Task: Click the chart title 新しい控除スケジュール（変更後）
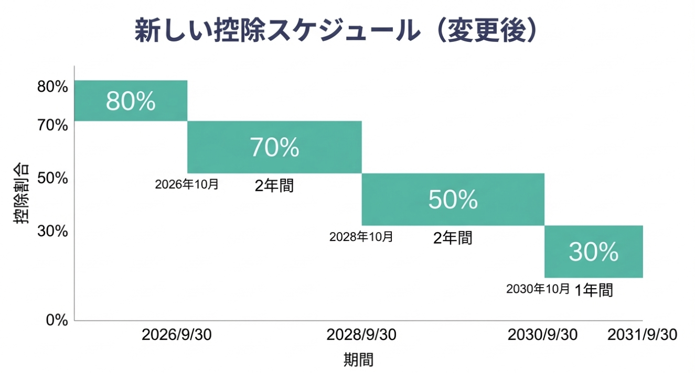(336, 31)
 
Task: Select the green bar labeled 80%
(131, 101)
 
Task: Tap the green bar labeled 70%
(274, 147)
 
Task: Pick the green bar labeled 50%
(453, 200)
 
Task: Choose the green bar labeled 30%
(593, 252)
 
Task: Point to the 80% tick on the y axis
(52, 87)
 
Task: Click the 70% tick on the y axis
(52, 126)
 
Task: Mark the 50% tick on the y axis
(52, 178)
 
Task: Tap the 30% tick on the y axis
(52, 231)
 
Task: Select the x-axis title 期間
(359, 360)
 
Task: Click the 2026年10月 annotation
(187, 185)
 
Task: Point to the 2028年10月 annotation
(361, 237)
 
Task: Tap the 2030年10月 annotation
(538, 289)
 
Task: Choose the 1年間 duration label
(593, 290)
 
